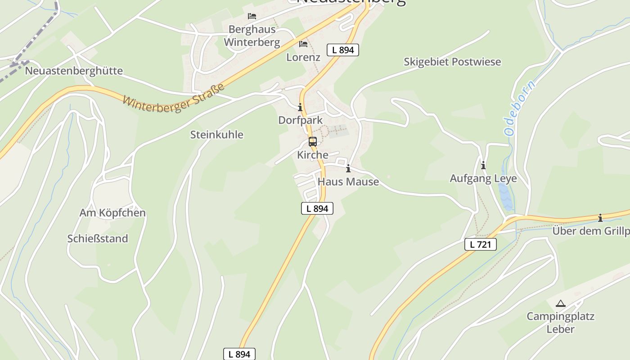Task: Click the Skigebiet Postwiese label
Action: pos(452,62)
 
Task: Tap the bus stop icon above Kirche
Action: pos(313,142)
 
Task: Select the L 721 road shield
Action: pos(481,244)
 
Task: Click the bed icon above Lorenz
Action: pos(303,44)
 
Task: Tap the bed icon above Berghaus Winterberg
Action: pos(252,16)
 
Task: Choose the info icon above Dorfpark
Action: pos(300,108)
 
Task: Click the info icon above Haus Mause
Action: pos(348,169)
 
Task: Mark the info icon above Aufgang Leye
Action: pos(483,165)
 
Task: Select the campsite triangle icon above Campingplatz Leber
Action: pos(560,304)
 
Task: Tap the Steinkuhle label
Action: pos(216,135)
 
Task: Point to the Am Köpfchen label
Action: pos(112,213)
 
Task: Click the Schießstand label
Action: pos(98,238)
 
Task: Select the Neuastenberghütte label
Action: pos(74,71)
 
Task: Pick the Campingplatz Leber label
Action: pos(561,322)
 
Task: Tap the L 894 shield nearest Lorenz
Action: pos(343,50)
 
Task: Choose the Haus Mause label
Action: pos(348,182)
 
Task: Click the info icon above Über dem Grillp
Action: pos(600,218)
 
